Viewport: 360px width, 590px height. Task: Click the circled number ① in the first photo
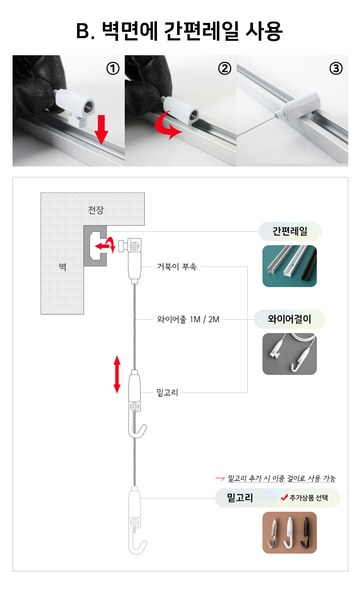point(113,69)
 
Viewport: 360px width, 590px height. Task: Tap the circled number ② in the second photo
point(224,69)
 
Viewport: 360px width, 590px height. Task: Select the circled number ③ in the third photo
point(336,69)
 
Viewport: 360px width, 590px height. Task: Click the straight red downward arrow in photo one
point(101,130)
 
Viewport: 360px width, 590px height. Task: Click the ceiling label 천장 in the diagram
point(96,210)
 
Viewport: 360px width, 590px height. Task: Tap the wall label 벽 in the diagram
point(62,267)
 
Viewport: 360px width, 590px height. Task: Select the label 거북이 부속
point(177,267)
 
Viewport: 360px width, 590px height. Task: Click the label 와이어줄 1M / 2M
point(188,319)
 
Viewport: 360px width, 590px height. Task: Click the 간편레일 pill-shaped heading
point(290,231)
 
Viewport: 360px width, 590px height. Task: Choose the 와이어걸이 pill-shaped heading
point(290,319)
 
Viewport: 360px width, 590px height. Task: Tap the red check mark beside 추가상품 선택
point(284,497)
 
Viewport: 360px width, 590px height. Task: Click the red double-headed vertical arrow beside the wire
point(117,374)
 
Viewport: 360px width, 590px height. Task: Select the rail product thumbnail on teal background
point(290,266)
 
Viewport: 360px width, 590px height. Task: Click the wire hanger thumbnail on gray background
point(290,354)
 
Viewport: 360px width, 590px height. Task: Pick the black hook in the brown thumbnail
point(306,533)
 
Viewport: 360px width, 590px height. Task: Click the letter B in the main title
point(83,31)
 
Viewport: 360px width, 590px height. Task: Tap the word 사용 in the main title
point(264,31)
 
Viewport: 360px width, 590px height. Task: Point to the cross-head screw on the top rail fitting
point(135,246)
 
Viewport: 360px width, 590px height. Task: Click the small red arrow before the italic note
point(220,478)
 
